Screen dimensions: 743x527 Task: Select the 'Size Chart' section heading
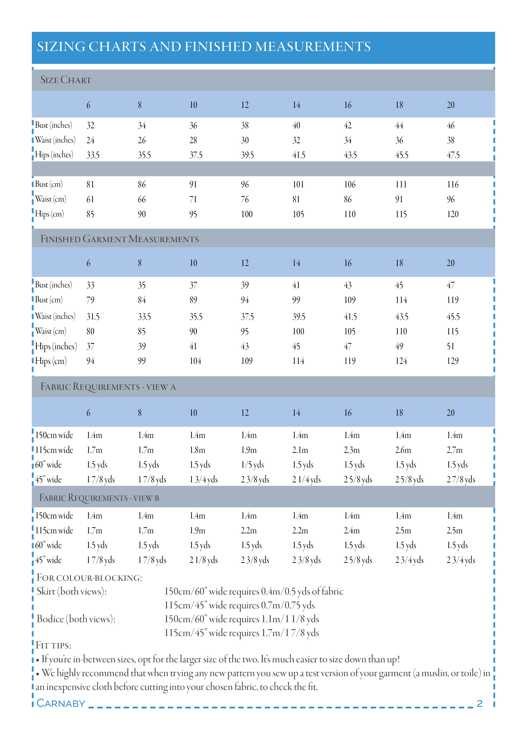(66, 80)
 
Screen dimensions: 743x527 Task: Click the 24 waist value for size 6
(90, 140)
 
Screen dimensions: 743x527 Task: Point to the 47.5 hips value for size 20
(453, 155)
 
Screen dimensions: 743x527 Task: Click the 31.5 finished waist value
(93, 317)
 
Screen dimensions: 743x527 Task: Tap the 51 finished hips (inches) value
(450, 346)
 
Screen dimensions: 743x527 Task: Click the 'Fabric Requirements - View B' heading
(99, 498)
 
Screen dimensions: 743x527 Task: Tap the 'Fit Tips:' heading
(54, 645)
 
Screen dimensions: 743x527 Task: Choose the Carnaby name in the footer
(61, 703)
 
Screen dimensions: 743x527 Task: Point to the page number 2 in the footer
(480, 703)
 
